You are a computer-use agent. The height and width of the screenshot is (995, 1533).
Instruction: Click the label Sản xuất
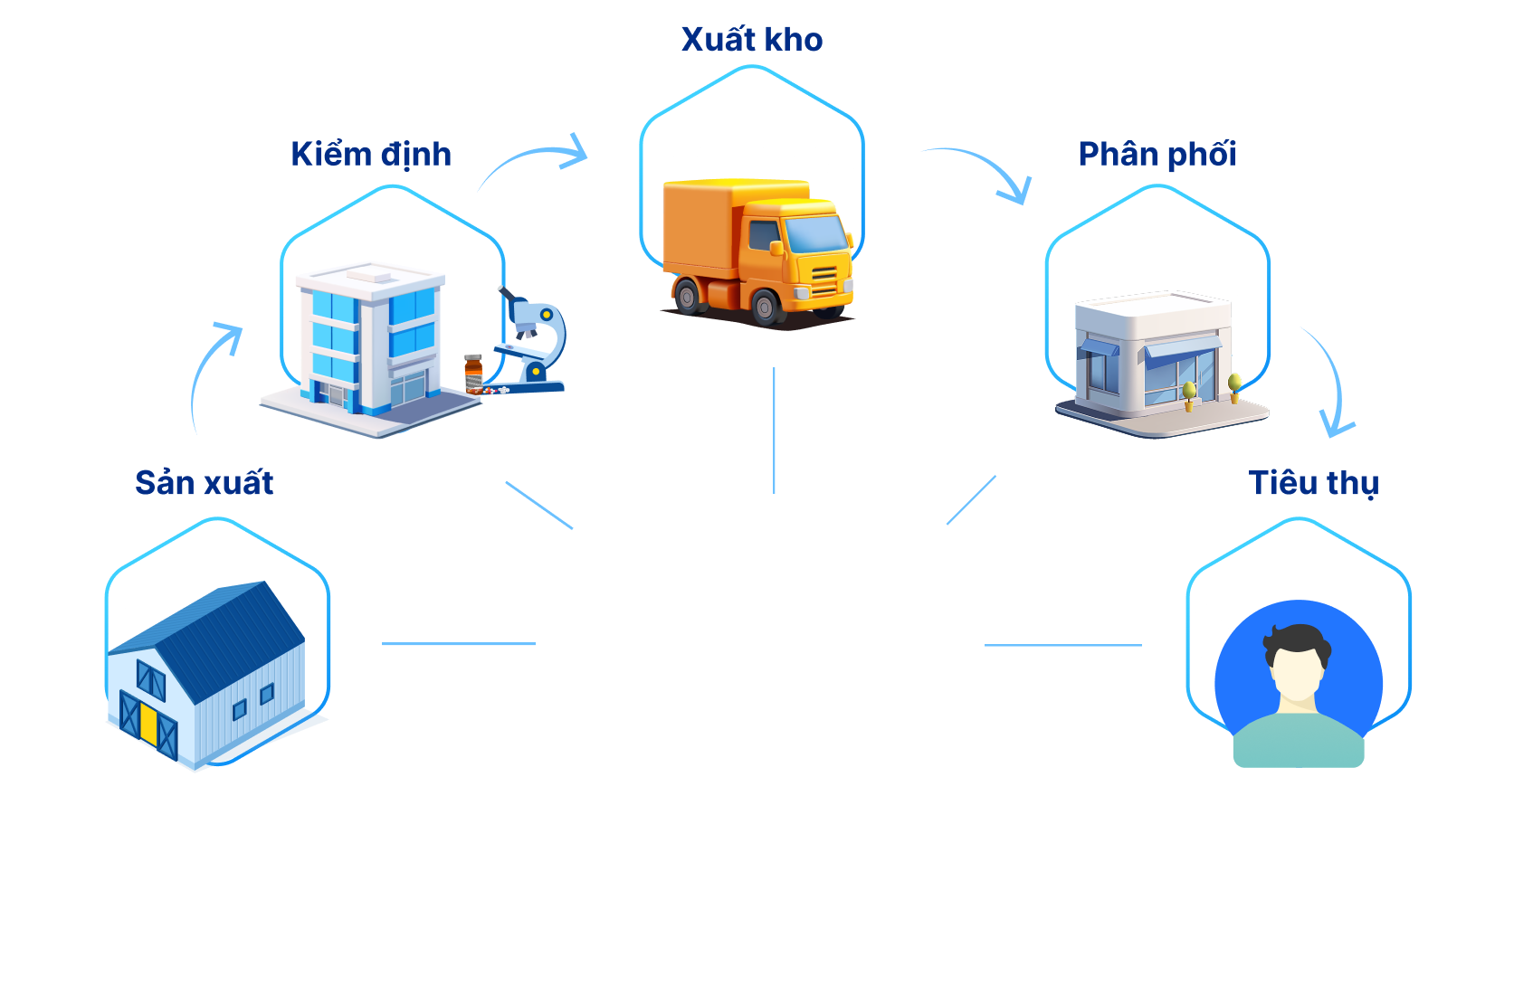click(205, 483)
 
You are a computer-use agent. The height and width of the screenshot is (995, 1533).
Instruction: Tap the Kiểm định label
click(371, 155)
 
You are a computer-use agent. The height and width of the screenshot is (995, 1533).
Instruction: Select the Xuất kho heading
click(752, 40)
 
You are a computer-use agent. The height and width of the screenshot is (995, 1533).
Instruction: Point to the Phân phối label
click(1157, 155)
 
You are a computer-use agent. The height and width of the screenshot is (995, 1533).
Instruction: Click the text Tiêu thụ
click(1313, 483)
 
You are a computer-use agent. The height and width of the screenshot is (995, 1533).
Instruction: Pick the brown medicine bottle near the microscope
click(473, 372)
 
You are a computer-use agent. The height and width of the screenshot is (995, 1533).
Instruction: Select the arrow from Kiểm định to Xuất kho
click(534, 159)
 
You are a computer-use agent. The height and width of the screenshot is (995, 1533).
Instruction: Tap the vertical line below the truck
click(775, 431)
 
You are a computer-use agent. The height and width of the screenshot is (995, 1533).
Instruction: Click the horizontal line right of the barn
click(459, 644)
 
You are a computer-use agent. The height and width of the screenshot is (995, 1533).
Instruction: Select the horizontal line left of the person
click(1063, 645)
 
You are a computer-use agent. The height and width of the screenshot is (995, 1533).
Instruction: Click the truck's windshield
click(816, 233)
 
